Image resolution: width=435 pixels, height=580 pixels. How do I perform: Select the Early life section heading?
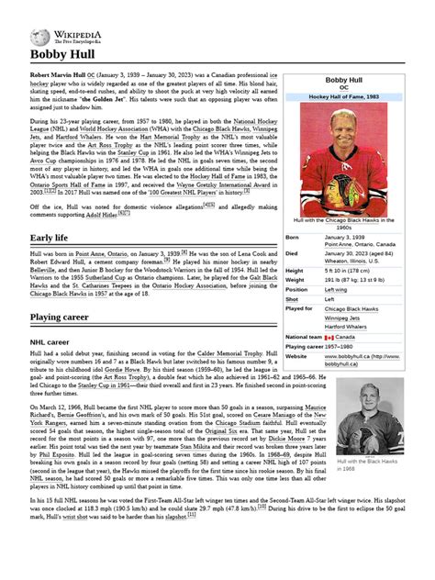click(x=50, y=239)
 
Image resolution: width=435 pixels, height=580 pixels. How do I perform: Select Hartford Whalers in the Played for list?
click(x=347, y=327)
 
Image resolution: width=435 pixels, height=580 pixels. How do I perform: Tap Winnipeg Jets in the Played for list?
click(x=342, y=318)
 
